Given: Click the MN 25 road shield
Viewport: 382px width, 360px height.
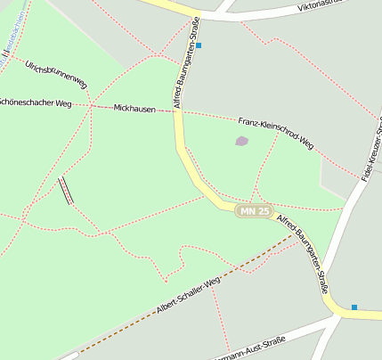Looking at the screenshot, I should pos(254,211).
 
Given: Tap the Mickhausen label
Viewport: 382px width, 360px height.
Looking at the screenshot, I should pos(135,108).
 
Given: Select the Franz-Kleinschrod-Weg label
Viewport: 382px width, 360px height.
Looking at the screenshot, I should pos(276,131).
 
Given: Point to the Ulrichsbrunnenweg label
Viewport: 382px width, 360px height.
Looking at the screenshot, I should pos(56,74).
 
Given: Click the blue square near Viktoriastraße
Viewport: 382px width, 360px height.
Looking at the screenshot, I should pos(199,45).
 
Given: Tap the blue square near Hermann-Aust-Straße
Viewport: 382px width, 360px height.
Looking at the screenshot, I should pos(354,307).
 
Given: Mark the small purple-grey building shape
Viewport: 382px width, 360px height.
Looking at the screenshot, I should pos(241,141).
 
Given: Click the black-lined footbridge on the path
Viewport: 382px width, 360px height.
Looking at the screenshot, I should pos(66,191).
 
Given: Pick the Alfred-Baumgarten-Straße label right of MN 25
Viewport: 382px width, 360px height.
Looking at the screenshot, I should pos(305,254).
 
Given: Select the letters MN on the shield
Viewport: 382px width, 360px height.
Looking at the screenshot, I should pos(248,211).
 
